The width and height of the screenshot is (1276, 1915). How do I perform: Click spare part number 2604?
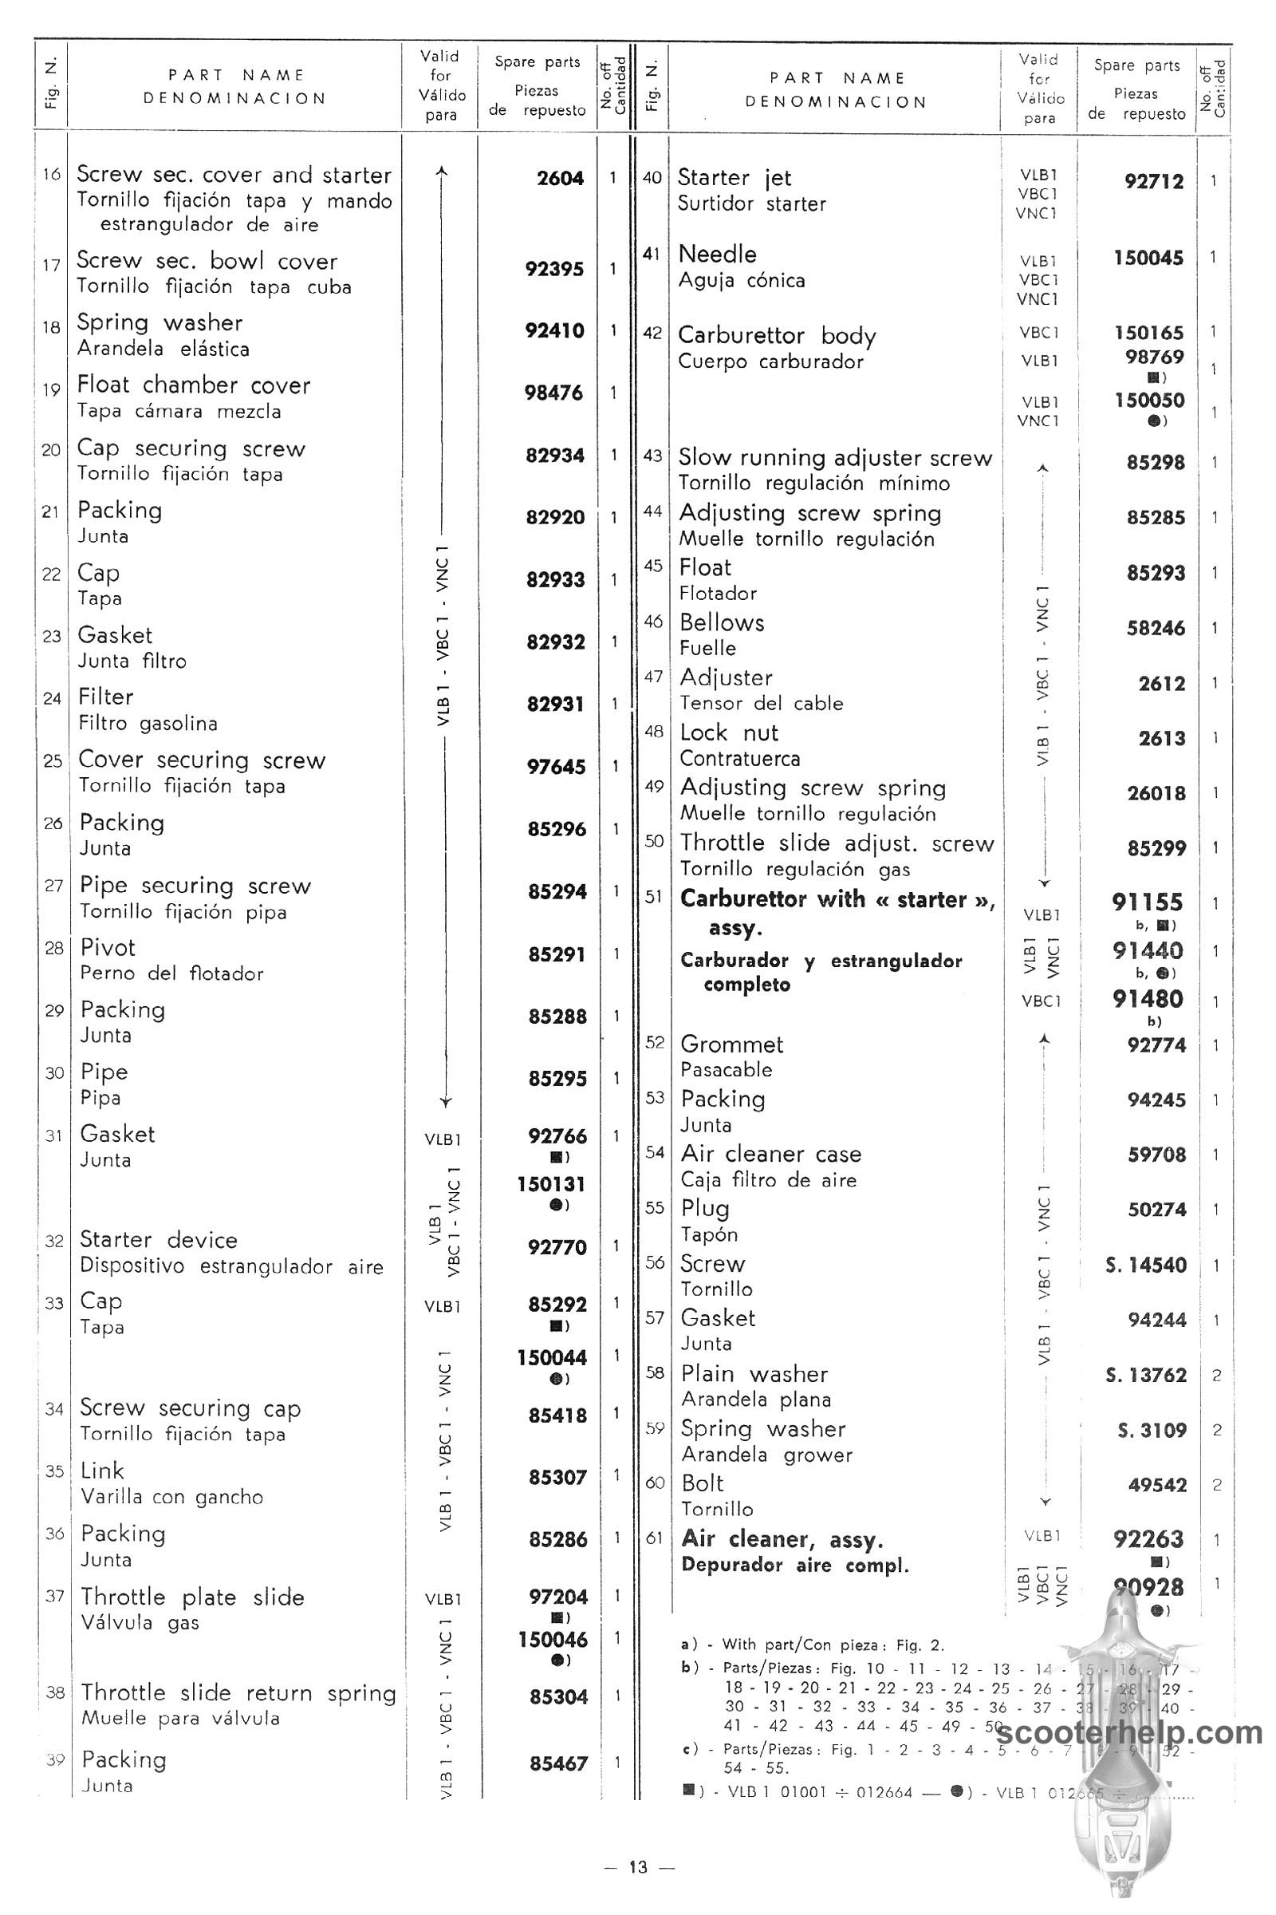[560, 178]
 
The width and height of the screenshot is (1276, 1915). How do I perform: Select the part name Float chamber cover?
[194, 385]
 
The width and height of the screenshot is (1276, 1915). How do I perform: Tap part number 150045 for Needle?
[1149, 258]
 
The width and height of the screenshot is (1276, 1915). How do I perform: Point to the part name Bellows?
[722, 623]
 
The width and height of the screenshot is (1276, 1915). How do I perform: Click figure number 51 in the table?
[653, 896]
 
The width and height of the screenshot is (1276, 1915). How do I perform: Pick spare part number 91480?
[1148, 999]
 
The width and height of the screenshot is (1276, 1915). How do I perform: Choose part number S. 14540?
[1146, 1265]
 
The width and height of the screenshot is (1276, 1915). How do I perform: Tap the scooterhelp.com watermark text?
[1128, 1733]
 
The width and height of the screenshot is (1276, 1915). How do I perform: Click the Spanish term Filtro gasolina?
[148, 723]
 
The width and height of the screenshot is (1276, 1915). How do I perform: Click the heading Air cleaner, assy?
[782, 1539]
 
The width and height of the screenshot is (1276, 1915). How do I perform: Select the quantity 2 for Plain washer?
[1217, 1375]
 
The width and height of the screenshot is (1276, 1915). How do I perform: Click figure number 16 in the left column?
[52, 174]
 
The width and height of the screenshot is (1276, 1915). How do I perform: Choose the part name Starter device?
[159, 1240]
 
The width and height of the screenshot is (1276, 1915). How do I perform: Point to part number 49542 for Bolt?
[1156, 1485]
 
